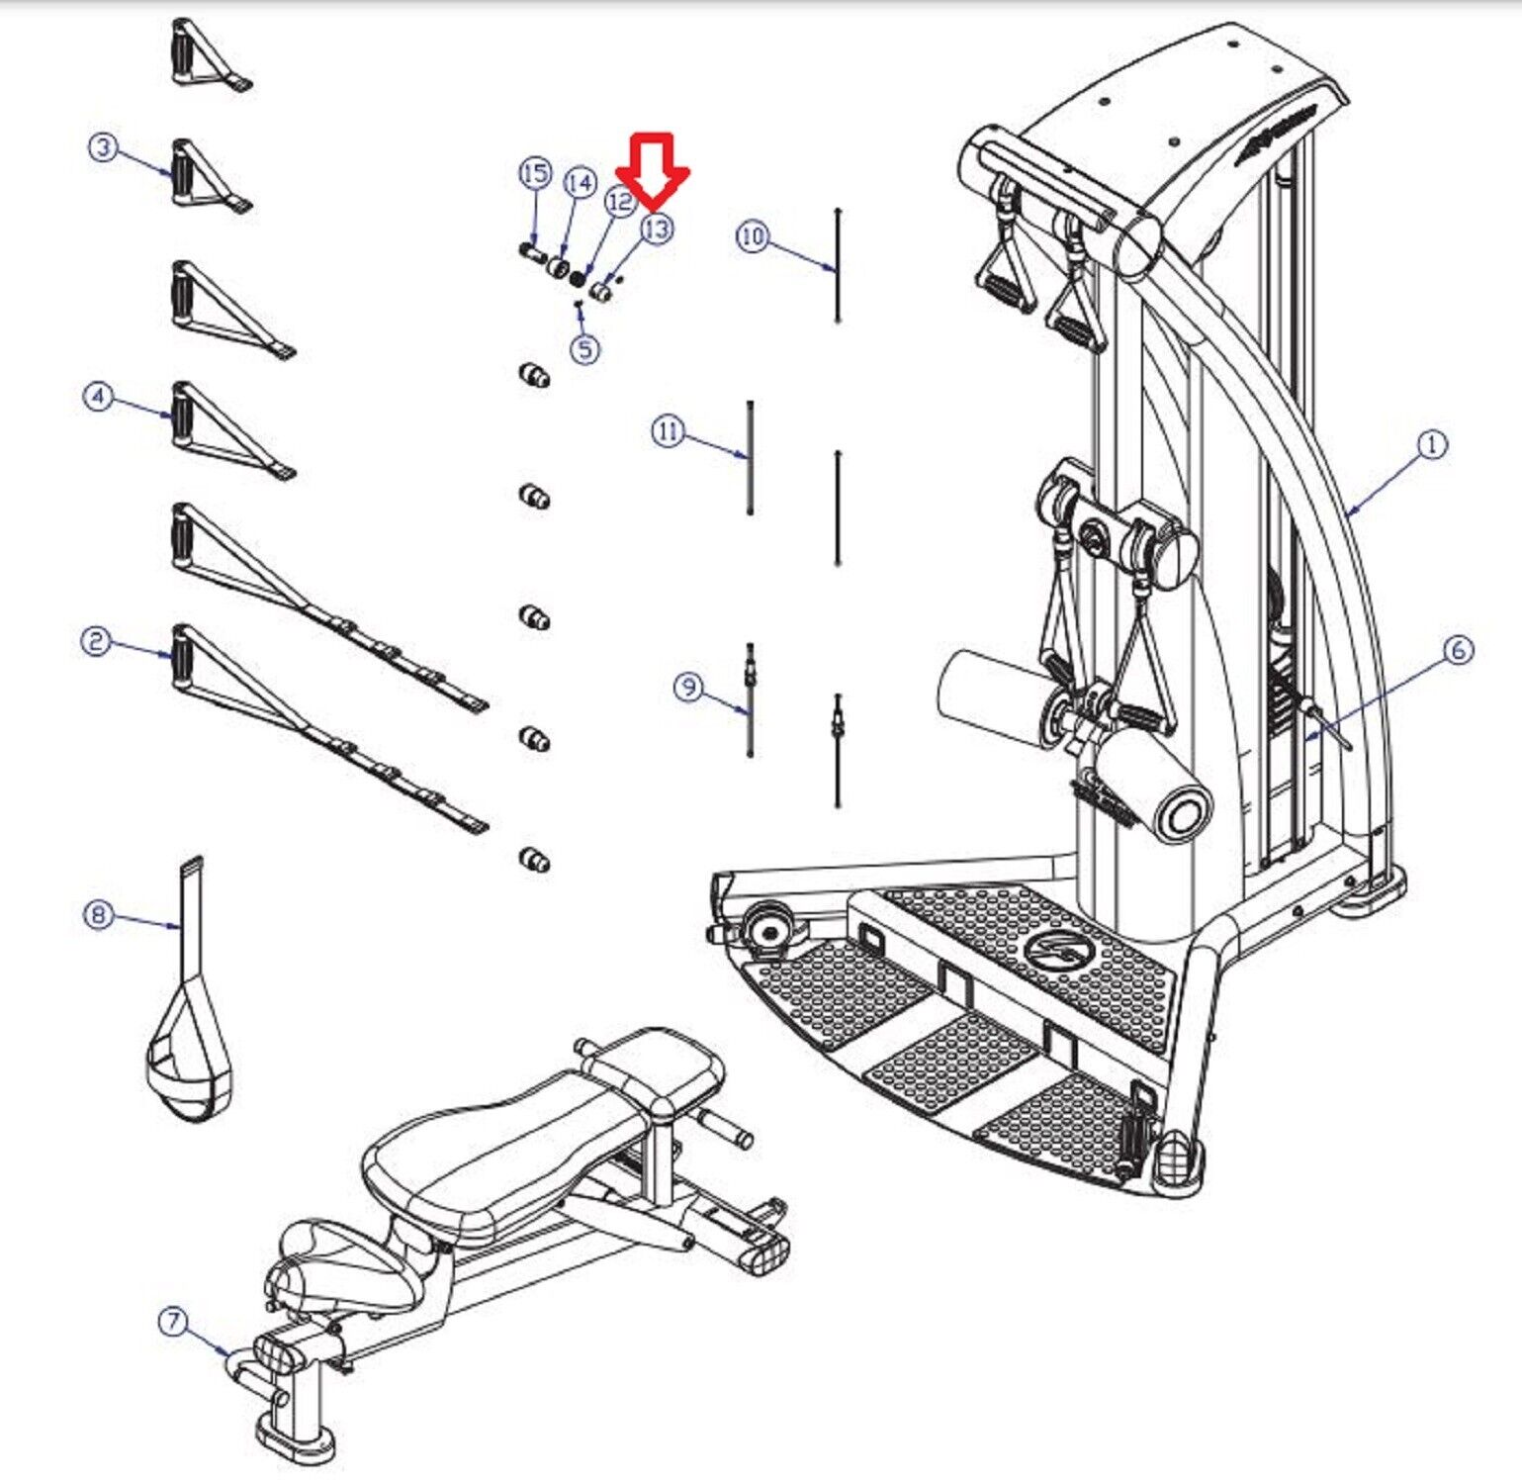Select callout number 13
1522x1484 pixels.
[656, 229]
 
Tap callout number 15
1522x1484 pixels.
[535, 174]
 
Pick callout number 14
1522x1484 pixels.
[581, 183]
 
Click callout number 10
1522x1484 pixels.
[753, 236]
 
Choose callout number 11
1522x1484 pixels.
[669, 431]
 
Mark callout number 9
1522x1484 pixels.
[690, 687]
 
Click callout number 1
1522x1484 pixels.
[1432, 445]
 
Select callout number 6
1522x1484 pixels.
[1458, 650]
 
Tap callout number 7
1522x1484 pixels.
[174, 1321]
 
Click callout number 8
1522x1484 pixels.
[98, 914]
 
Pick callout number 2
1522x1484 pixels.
[96, 641]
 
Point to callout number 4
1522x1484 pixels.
[98, 397]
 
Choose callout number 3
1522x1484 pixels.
[104, 148]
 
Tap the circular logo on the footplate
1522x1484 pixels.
[1059, 955]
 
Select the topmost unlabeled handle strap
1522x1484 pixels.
[203, 57]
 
